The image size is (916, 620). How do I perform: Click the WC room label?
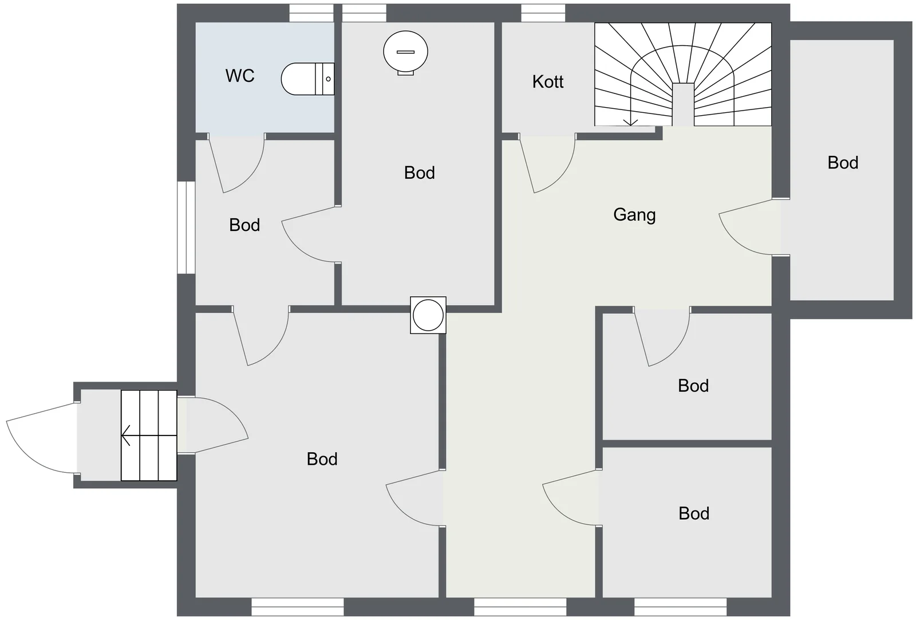(x=240, y=76)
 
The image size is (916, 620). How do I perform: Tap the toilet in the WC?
(x=307, y=79)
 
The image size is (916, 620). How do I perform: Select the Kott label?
(x=547, y=82)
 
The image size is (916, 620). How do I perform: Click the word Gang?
(x=634, y=215)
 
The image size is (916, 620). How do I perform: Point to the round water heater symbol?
(x=405, y=52)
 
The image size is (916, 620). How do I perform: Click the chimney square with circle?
(x=428, y=315)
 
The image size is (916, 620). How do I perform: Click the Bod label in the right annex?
(x=843, y=163)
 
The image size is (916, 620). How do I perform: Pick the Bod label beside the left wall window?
(x=244, y=225)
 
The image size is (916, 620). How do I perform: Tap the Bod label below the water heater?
(x=420, y=173)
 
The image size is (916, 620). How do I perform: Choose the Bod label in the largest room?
(x=322, y=459)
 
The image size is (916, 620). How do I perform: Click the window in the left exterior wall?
(x=186, y=227)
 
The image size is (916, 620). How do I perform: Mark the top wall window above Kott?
(x=543, y=13)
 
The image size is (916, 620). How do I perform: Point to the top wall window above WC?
(x=311, y=13)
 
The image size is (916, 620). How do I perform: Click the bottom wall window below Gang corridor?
(x=520, y=607)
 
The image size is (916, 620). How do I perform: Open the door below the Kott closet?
(x=548, y=164)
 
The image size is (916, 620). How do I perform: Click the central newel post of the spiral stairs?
(x=683, y=104)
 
